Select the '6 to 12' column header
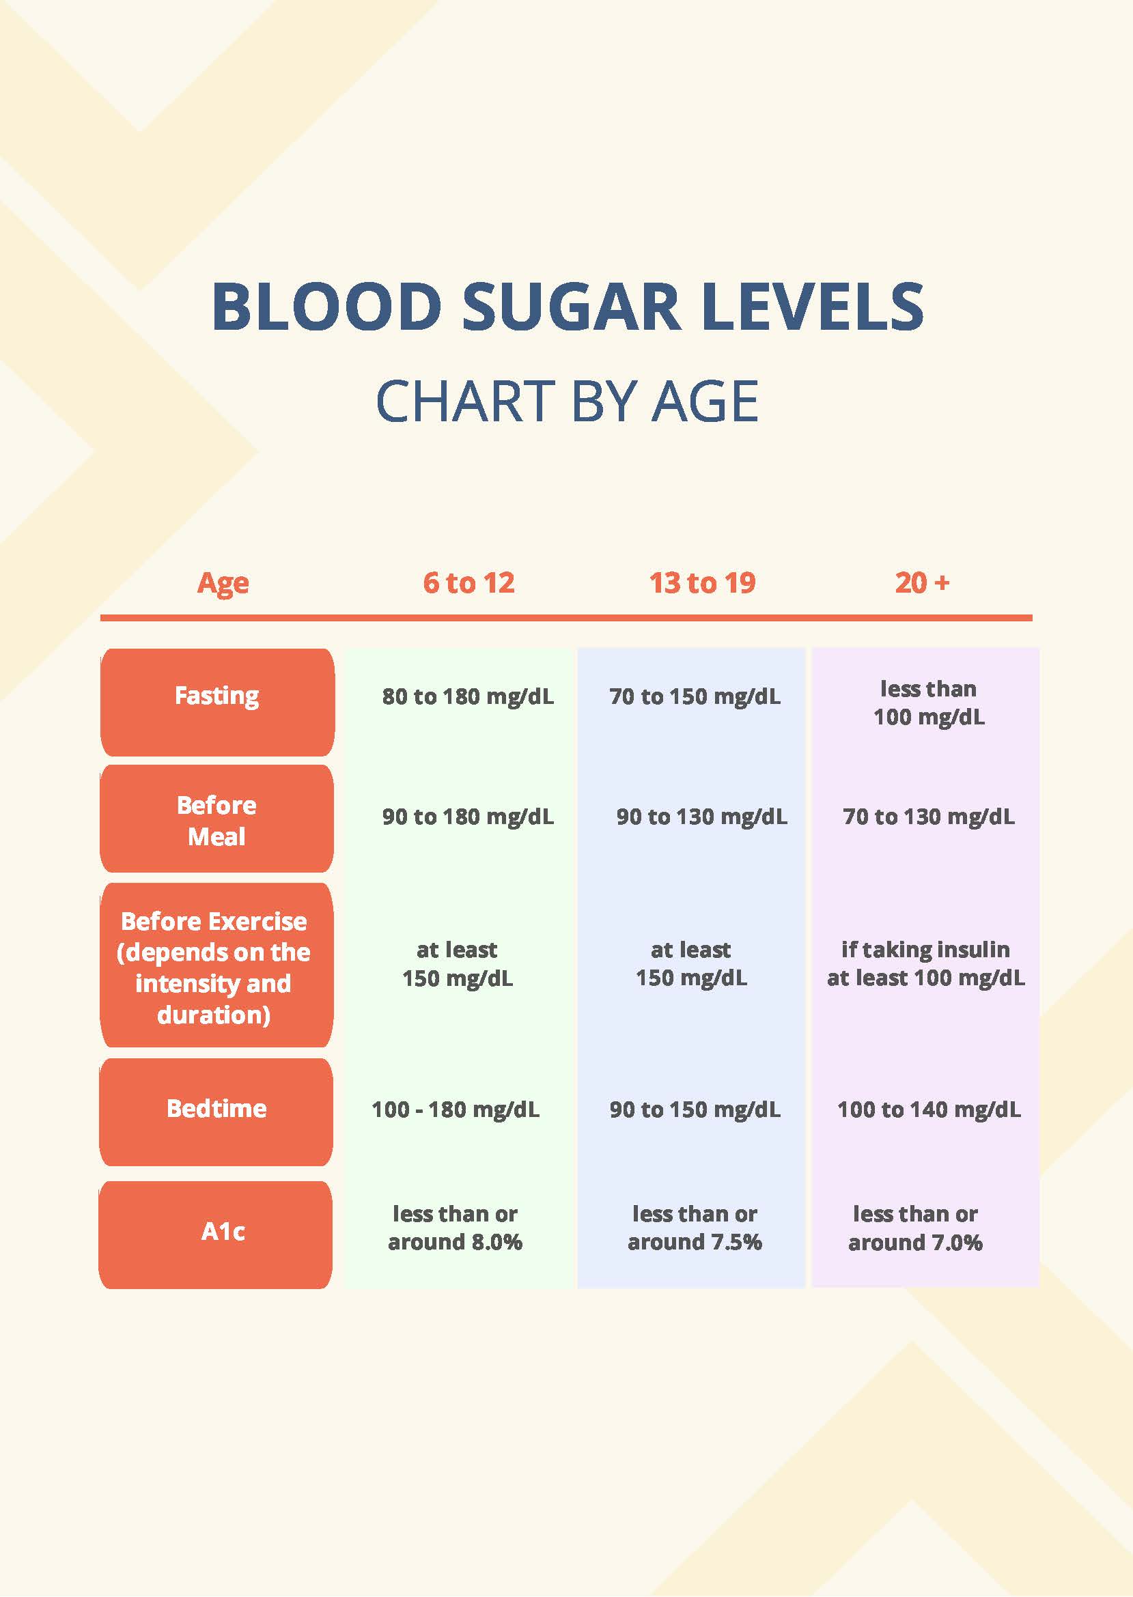tap(468, 583)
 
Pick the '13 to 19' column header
tap(702, 583)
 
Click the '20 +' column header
tap(921, 583)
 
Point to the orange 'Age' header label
tap(223, 583)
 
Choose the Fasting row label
tap(217, 696)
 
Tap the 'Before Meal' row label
tap(217, 820)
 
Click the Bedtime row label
tap(216, 1109)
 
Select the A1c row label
tap(223, 1232)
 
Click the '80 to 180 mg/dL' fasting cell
tap(467, 696)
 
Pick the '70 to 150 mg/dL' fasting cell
tap(695, 696)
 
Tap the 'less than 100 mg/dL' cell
tap(929, 703)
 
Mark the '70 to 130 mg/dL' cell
tap(929, 817)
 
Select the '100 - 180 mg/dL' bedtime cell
tap(456, 1110)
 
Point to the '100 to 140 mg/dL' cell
tap(929, 1110)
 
